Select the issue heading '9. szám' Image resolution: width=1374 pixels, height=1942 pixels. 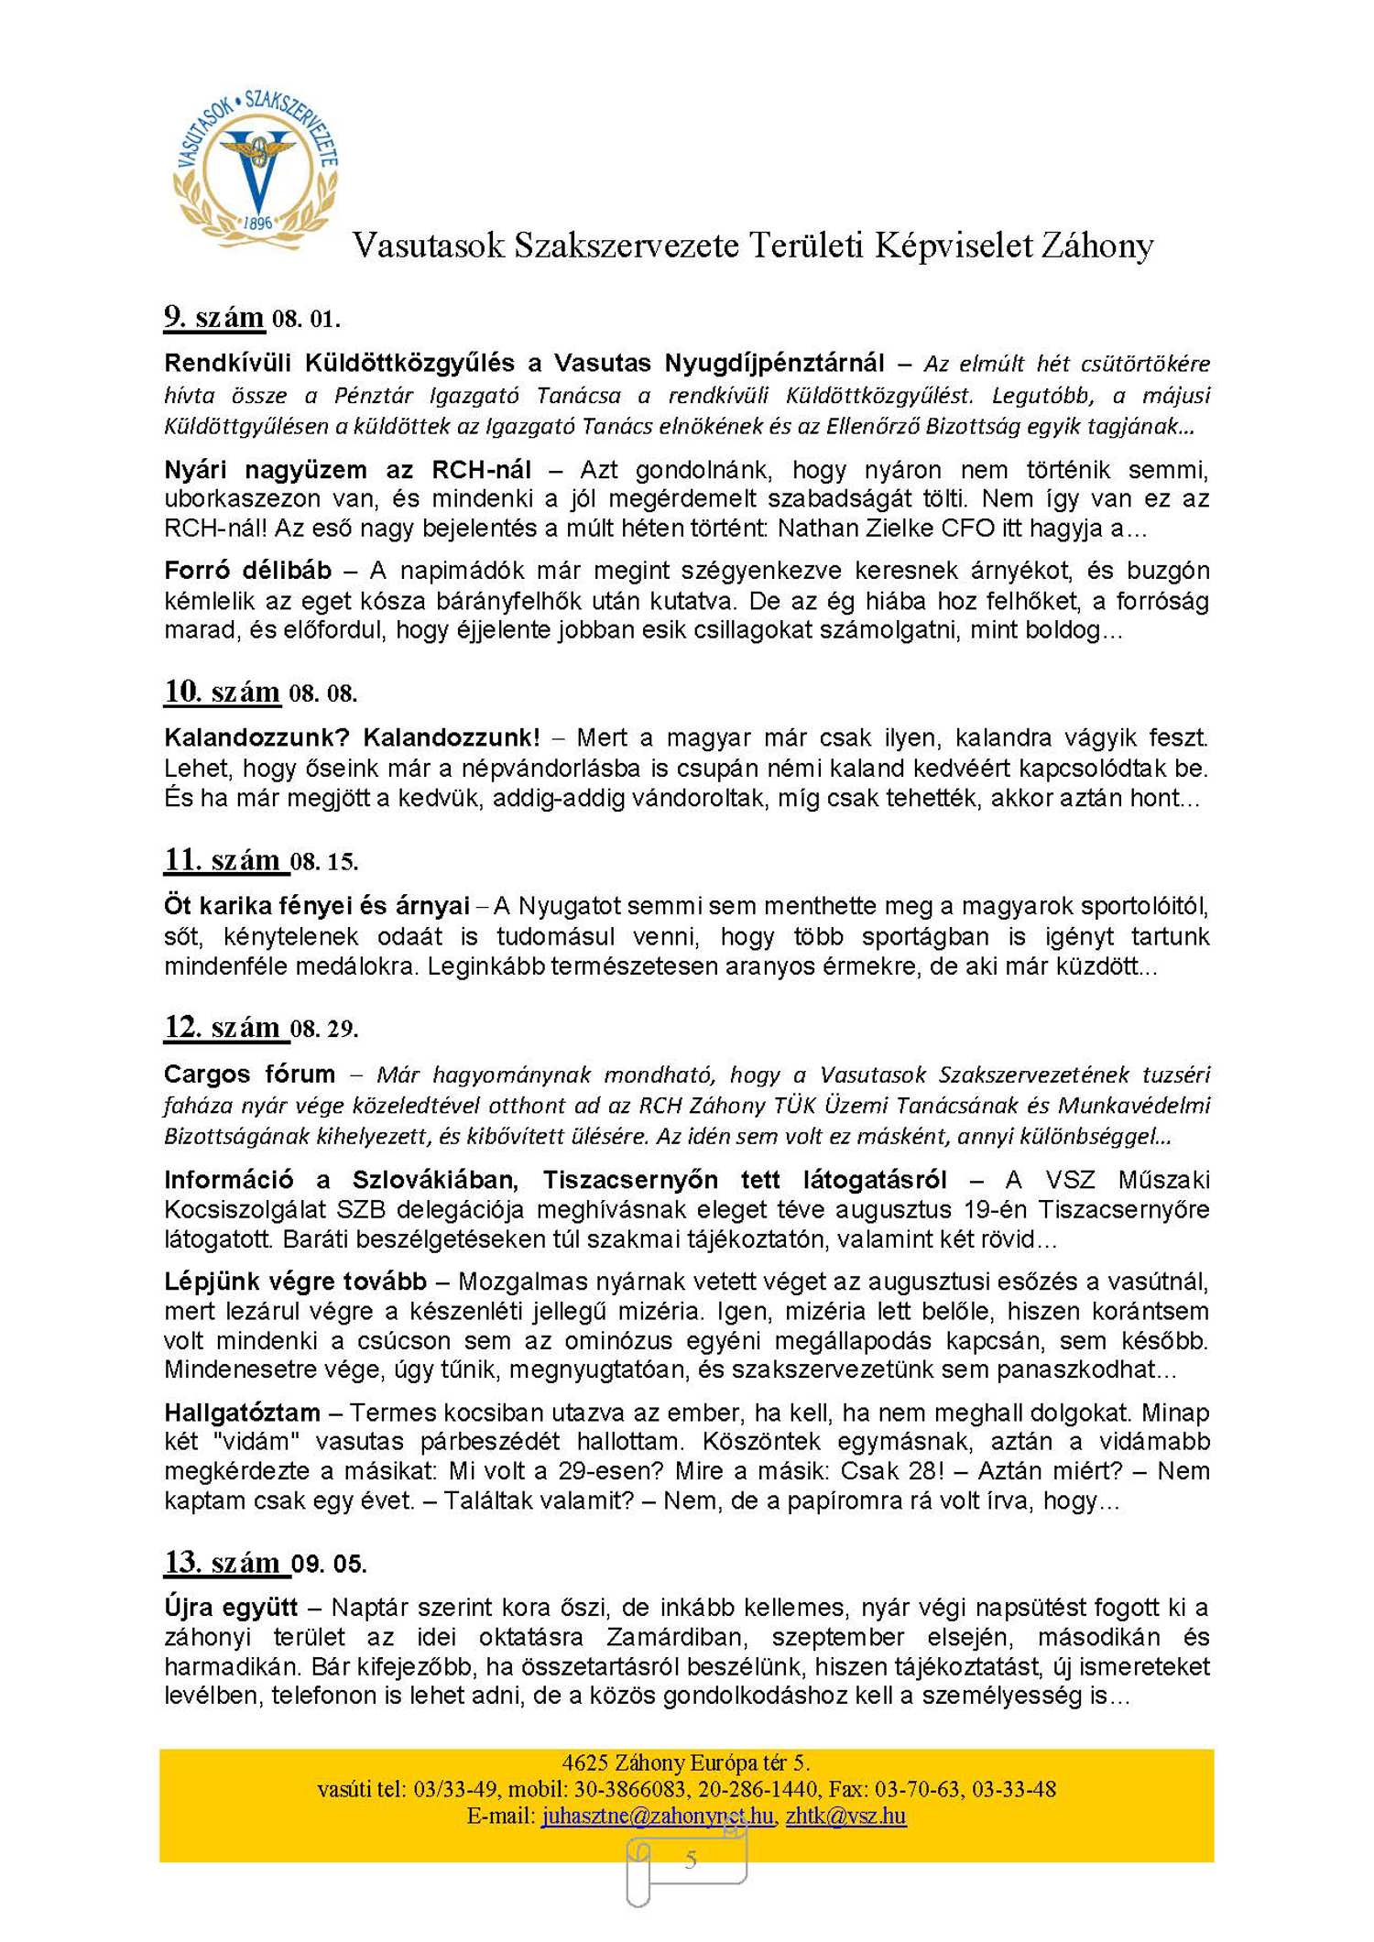213,318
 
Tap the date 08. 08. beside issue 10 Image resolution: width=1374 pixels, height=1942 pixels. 322,693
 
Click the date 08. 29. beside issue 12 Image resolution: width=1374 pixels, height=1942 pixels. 324,1029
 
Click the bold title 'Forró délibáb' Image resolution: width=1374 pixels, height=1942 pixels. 247,571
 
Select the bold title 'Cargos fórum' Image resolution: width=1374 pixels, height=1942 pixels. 249,1074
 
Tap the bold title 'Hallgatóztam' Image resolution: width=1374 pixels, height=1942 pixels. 242,1412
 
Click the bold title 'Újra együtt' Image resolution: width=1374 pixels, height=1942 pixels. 231,1607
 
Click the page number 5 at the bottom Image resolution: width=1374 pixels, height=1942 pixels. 691,1859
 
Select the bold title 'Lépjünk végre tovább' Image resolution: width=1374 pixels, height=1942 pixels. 295,1281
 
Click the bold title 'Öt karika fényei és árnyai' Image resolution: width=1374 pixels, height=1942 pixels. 316,906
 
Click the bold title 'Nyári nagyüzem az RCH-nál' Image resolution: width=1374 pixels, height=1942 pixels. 347,470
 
